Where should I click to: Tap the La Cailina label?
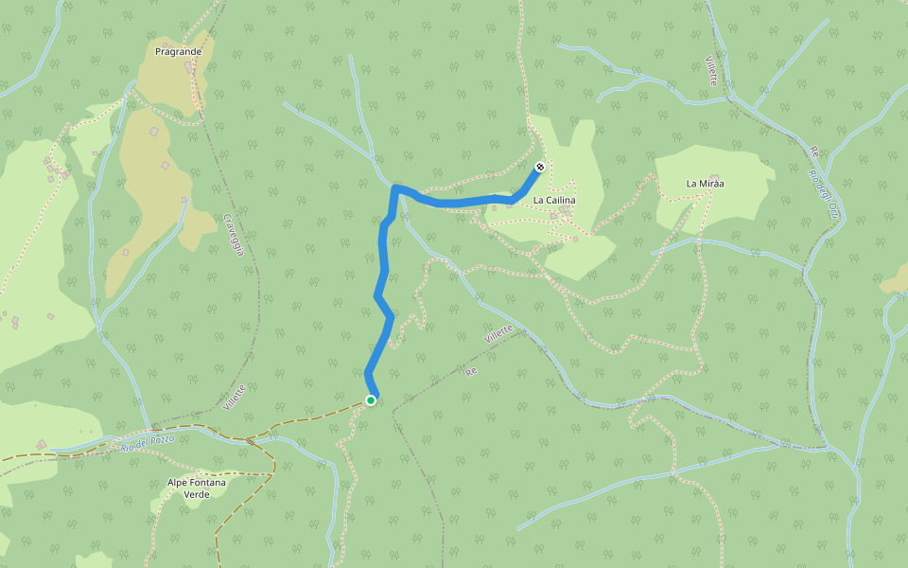tap(554, 201)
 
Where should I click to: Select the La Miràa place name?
tap(705, 183)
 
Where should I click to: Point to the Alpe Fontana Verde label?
tap(197, 488)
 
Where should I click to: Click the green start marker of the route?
tap(371, 400)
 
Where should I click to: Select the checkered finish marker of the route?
tap(539, 168)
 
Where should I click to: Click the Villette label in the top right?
tap(711, 69)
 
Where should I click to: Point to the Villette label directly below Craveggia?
tap(236, 396)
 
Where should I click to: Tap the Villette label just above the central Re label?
tap(498, 333)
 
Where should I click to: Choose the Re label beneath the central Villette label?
tap(470, 372)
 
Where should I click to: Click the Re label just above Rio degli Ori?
tap(812, 151)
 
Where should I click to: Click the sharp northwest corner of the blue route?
tap(394, 188)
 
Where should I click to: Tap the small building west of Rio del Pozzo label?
tap(42, 444)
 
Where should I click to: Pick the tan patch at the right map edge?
tap(896, 281)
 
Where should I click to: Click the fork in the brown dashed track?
tap(248, 440)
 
